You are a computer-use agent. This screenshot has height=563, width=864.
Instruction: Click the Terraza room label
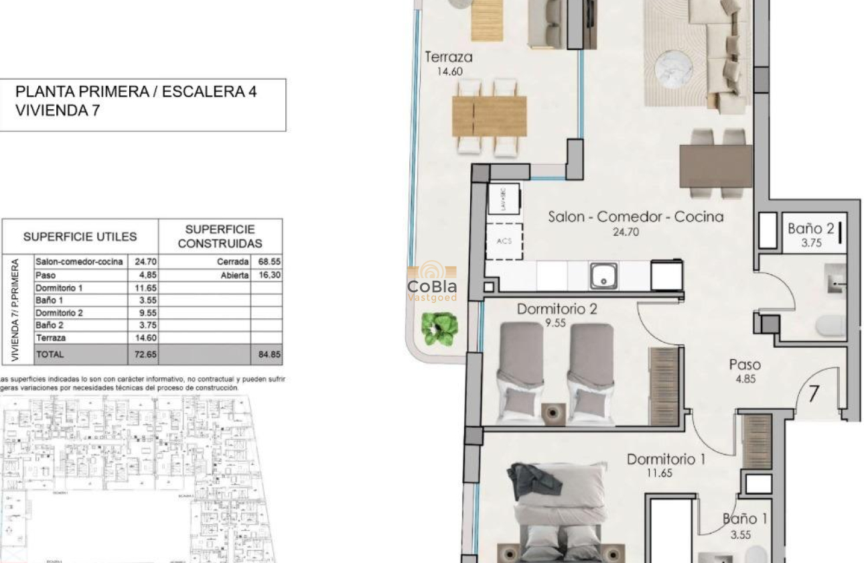(449, 58)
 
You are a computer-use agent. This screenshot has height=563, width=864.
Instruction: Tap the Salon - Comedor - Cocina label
(635, 216)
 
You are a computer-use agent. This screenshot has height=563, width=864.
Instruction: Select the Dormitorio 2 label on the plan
(557, 310)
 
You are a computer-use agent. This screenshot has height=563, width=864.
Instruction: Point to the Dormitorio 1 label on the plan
(666, 460)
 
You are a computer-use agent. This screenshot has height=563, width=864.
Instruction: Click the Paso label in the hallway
(745, 365)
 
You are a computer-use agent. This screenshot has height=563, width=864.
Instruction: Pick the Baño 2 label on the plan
(810, 229)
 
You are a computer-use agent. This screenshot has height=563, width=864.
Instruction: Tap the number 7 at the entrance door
(813, 394)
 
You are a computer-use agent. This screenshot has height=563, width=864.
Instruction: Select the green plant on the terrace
(439, 328)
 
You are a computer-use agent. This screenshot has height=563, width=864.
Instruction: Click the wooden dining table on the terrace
(489, 117)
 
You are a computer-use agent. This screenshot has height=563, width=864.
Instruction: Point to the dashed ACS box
(504, 241)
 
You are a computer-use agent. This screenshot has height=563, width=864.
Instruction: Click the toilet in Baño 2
(831, 326)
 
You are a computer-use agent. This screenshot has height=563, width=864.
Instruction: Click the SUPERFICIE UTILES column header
(80, 237)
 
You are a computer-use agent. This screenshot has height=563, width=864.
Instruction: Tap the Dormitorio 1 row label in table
(59, 288)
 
